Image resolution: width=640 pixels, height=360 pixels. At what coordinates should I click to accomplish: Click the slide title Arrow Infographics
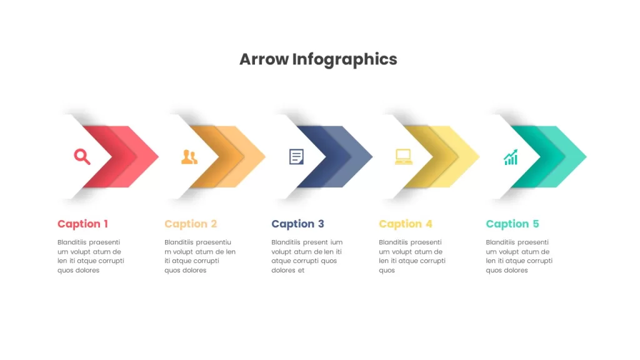pyautogui.click(x=318, y=59)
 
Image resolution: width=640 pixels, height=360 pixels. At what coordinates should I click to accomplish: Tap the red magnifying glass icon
pyautogui.click(x=82, y=157)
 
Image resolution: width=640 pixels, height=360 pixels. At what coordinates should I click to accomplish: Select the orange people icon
pyautogui.click(x=189, y=157)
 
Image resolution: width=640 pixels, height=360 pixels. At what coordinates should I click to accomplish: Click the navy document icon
pyautogui.click(x=296, y=157)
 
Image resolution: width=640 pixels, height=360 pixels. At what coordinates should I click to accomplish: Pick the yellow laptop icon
pyautogui.click(x=404, y=157)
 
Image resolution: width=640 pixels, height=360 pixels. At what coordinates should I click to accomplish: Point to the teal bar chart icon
pyautogui.click(x=511, y=157)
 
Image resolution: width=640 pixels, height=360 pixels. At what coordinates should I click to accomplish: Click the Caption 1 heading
pyautogui.click(x=82, y=224)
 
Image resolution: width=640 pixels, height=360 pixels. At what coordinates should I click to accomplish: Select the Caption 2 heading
pyautogui.click(x=191, y=224)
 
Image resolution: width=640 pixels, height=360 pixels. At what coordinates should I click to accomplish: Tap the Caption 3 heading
pyautogui.click(x=297, y=224)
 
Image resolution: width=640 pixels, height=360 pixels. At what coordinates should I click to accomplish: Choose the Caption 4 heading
pyautogui.click(x=405, y=224)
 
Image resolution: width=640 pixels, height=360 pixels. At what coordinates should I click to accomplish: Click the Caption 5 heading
pyautogui.click(x=512, y=224)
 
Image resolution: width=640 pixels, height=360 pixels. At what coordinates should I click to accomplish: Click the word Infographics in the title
pyautogui.click(x=344, y=59)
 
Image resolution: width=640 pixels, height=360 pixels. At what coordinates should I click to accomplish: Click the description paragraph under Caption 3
pyautogui.click(x=307, y=256)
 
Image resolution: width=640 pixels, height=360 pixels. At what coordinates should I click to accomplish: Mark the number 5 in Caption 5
pyautogui.click(x=536, y=224)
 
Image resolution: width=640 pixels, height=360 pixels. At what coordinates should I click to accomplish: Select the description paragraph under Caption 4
pyautogui.click(x=412, y=256)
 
